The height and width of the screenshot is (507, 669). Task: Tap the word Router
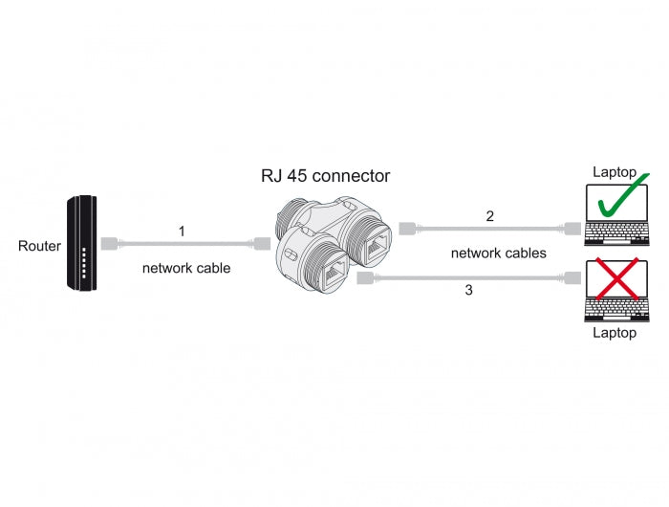tap(39, 246)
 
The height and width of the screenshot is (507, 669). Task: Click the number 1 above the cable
tap(181, 231)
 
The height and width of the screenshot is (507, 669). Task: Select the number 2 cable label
tap(489, 216)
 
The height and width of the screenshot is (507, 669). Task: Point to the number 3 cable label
tap(468, 290)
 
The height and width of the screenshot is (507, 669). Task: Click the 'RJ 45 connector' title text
tap(325, 176)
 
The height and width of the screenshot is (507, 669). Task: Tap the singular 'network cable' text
tap(186, 269)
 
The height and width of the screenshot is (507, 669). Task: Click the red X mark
tap(615, 282)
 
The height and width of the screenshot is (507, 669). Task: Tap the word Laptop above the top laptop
tap(614, 171)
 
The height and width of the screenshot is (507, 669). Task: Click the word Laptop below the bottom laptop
tap(614, 333)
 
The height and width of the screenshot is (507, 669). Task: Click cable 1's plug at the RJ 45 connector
tap(261, 244)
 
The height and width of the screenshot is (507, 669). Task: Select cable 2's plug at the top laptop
tap(572, 229)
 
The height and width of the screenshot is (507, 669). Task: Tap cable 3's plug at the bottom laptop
tap(572, 277)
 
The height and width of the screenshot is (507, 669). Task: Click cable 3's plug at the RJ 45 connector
tap(364, 277)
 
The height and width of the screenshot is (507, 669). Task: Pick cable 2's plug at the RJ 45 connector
tap(405, 229)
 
